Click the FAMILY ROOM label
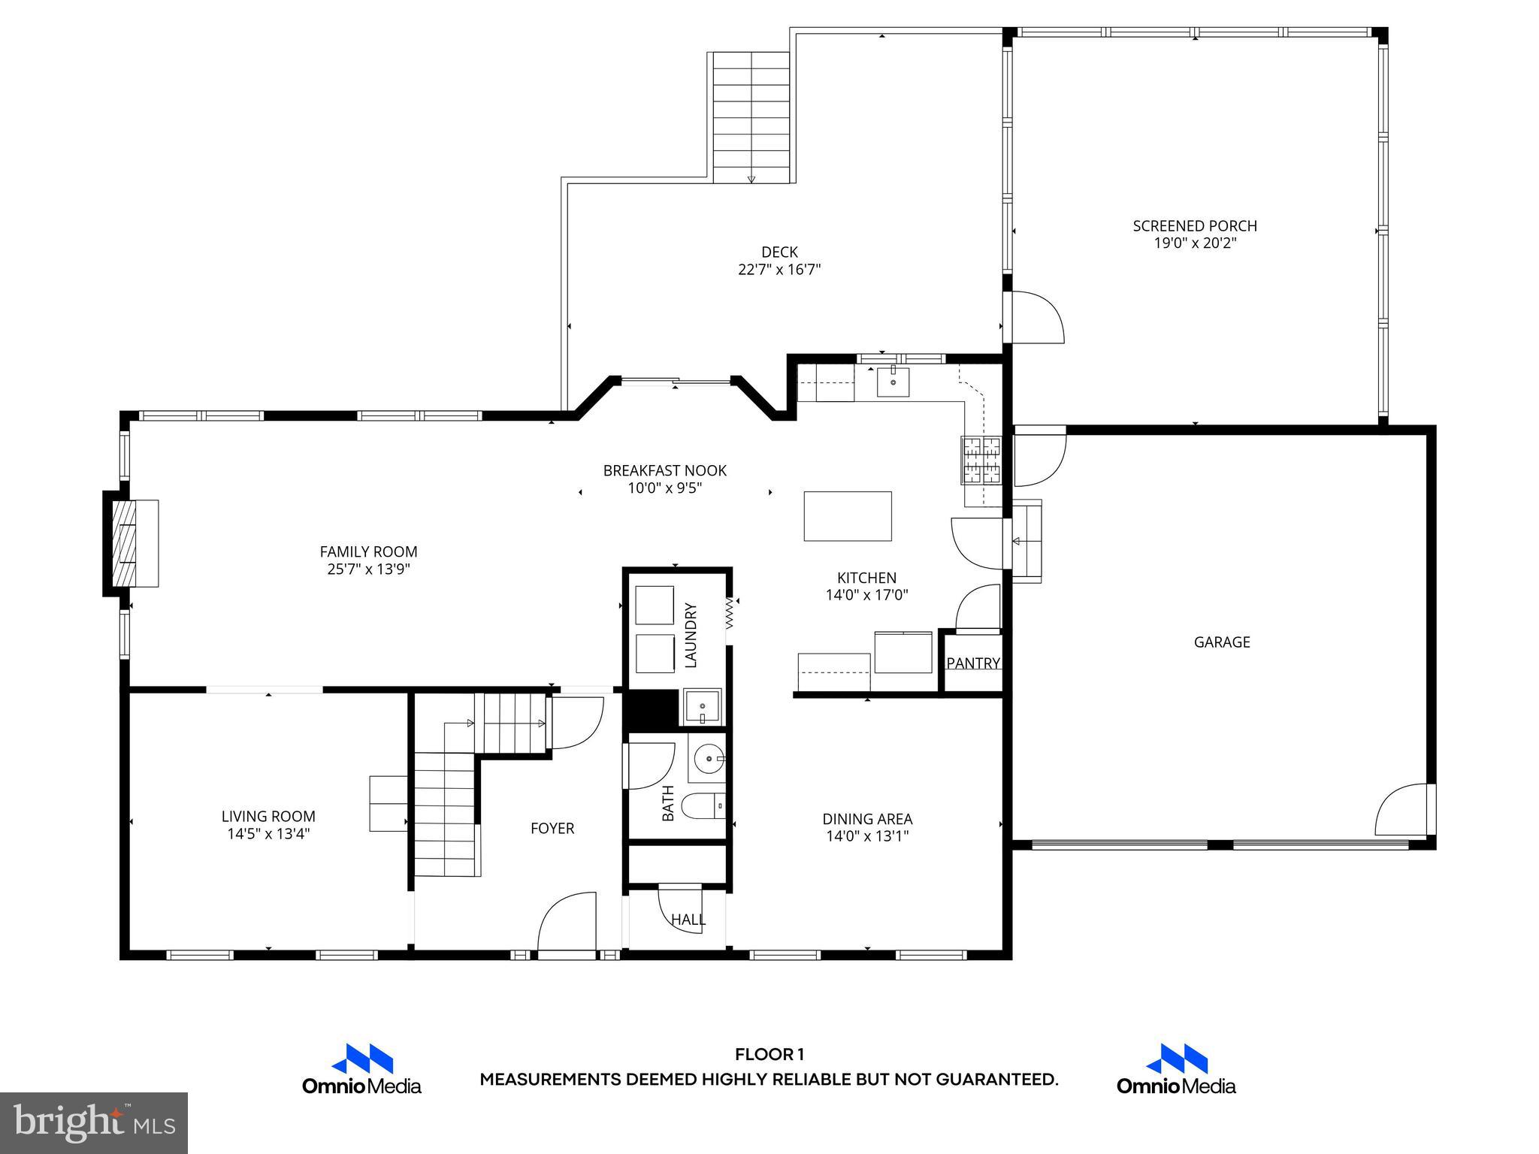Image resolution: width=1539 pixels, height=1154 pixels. point(368,551)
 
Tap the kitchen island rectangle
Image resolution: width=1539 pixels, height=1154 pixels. point(848,516)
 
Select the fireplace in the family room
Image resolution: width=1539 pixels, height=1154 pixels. point(134,543)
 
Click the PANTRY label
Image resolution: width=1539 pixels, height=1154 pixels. point(973,663)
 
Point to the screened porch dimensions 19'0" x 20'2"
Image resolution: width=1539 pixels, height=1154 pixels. point(1195,243)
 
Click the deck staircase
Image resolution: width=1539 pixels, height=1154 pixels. point(751,116)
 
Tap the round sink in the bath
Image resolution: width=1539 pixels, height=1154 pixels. point(706,759)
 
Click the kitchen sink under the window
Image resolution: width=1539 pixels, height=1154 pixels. point(893,382)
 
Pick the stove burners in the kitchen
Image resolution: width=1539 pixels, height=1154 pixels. point(981,460)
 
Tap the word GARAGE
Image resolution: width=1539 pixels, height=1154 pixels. point(1222,642)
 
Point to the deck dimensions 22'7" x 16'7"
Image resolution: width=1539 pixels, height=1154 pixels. point(779,270)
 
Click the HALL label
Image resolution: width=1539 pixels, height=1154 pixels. point(688,920)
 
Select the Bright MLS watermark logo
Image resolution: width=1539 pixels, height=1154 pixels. point(94,1122)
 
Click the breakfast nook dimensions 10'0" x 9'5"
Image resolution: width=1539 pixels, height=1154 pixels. point(665,488)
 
